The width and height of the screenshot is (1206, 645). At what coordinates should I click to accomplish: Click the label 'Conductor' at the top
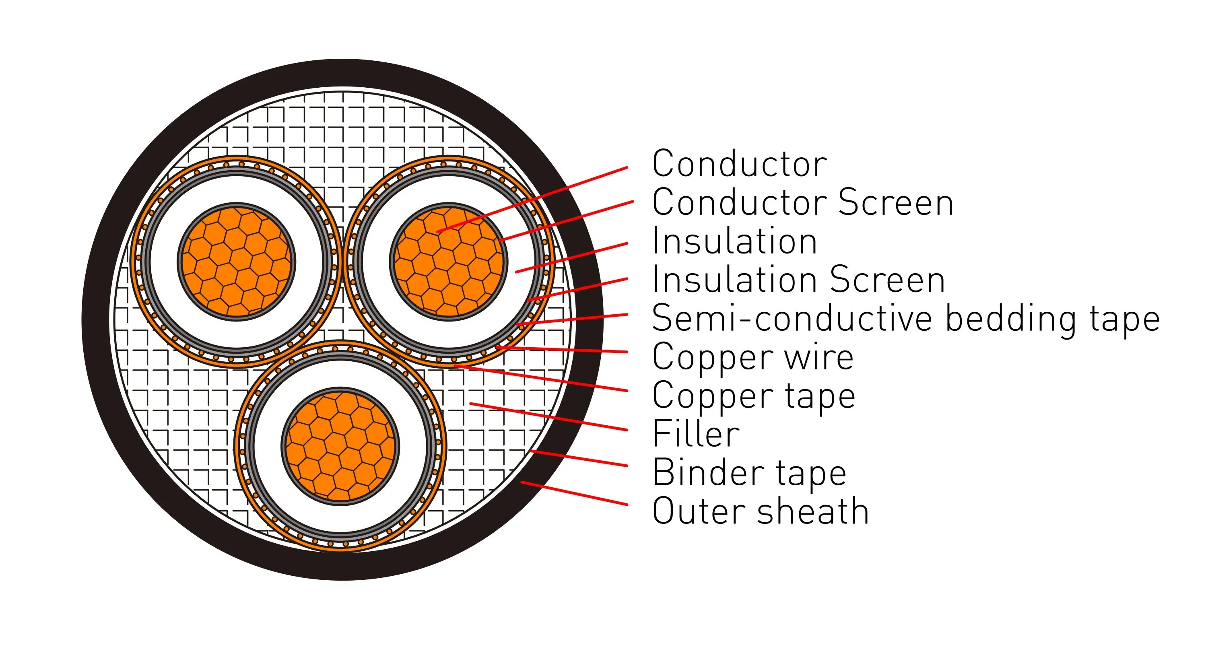739,164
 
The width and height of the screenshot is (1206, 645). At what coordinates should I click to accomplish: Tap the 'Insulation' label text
734,241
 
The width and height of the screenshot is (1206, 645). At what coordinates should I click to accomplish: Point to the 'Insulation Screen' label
798,280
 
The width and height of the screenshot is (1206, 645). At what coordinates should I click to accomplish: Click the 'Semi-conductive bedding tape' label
905,319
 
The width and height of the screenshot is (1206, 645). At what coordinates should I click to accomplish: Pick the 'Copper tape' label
754,396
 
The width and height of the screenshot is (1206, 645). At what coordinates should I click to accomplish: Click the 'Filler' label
696,434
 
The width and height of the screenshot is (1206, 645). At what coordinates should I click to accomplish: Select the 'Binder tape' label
749,473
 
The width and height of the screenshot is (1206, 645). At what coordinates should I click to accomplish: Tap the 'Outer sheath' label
760,511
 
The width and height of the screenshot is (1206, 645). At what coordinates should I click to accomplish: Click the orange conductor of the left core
237,262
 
